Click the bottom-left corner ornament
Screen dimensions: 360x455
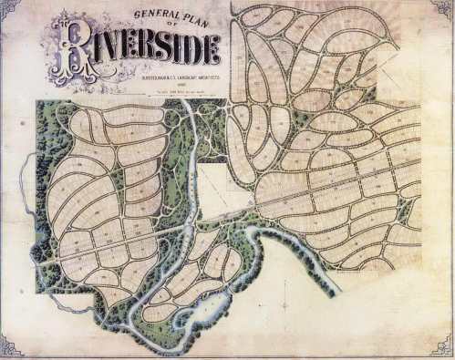[10, 346]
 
